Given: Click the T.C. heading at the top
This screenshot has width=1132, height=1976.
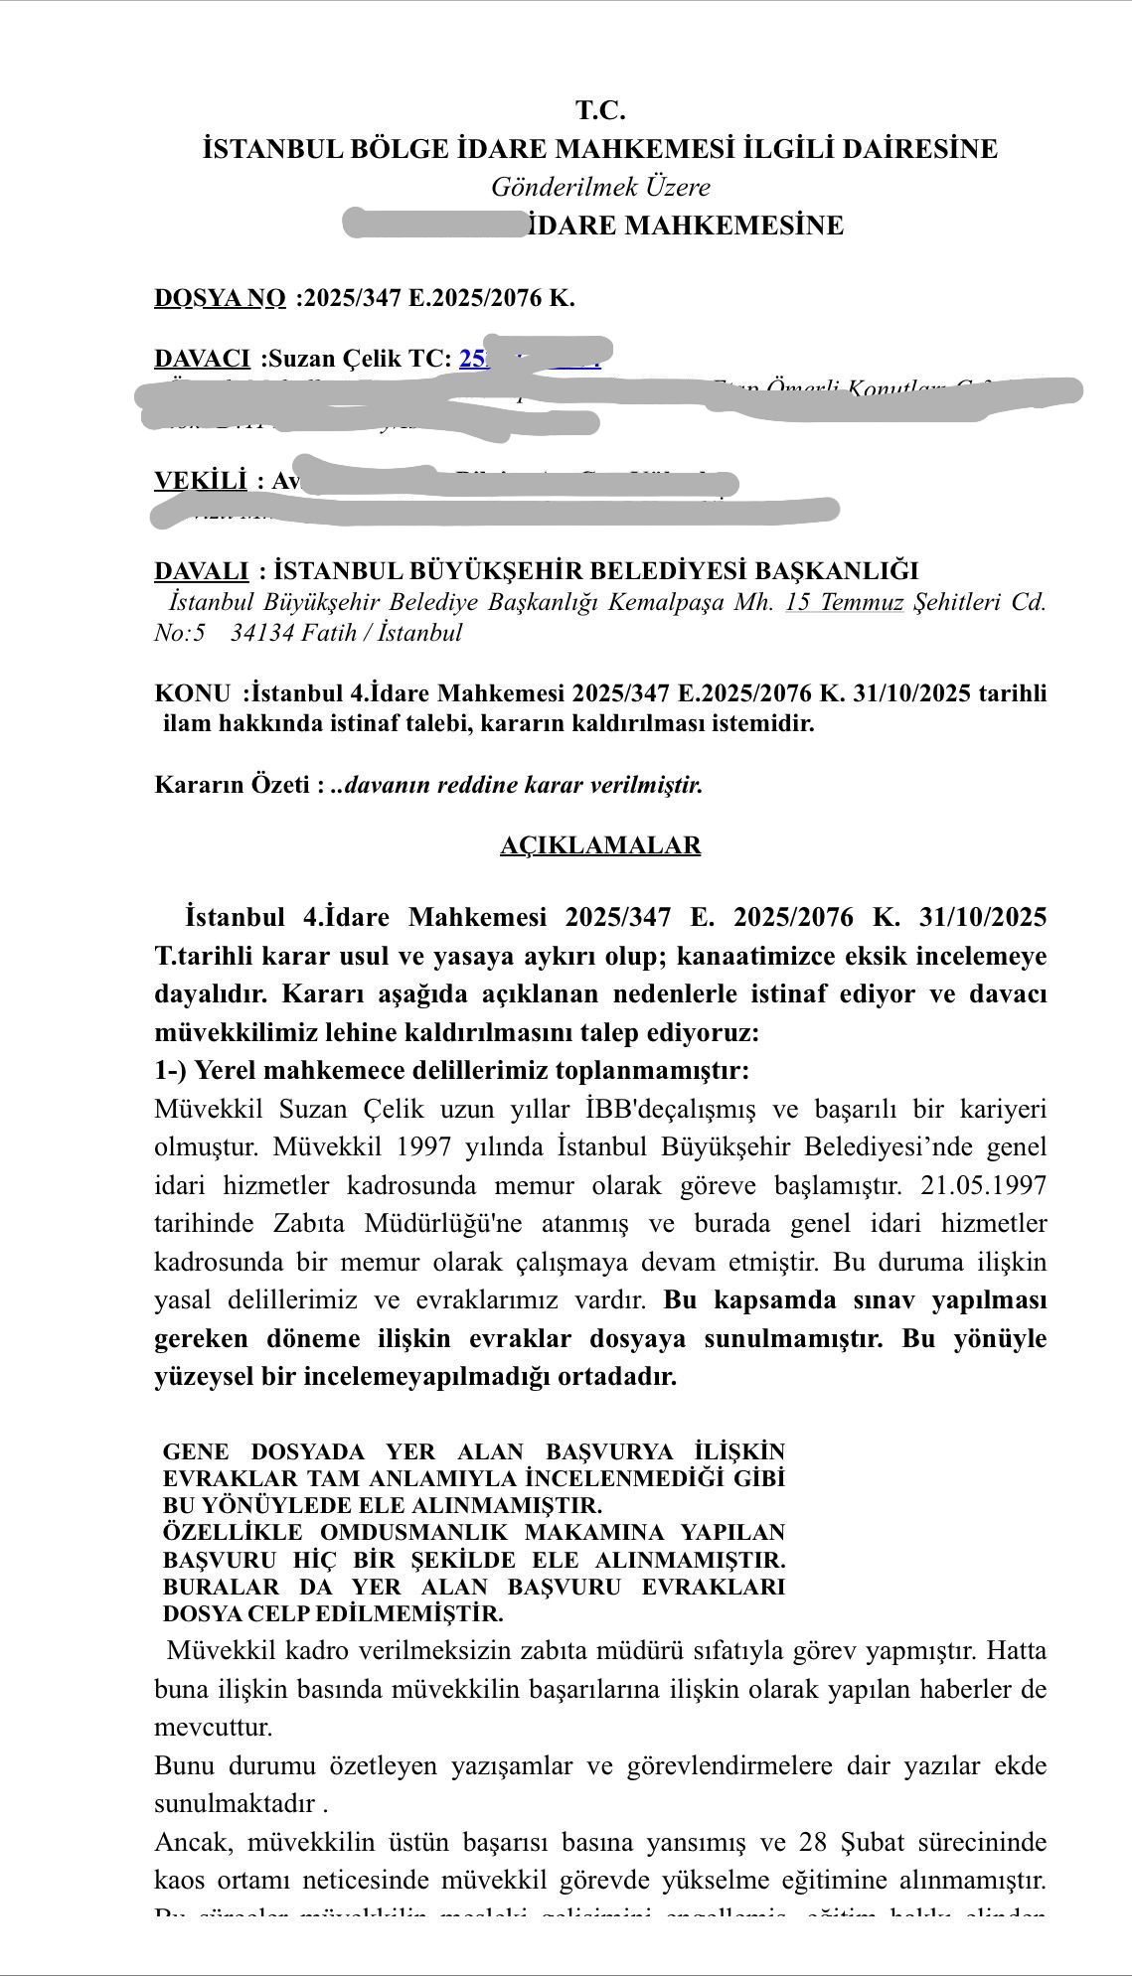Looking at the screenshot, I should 600,110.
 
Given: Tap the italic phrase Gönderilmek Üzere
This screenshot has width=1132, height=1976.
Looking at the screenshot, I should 600,187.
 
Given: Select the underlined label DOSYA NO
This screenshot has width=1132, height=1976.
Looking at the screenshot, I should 220,298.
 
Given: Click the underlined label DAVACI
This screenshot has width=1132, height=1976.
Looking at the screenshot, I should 202,359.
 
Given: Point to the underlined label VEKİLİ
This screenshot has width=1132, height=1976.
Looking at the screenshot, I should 200,481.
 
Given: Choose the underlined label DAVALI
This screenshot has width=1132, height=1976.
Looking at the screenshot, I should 201,571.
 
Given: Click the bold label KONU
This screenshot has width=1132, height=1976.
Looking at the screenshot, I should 192,693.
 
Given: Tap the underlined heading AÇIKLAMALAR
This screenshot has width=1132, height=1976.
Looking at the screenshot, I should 600,845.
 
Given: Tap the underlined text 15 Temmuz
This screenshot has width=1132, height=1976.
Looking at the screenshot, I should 844,602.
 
